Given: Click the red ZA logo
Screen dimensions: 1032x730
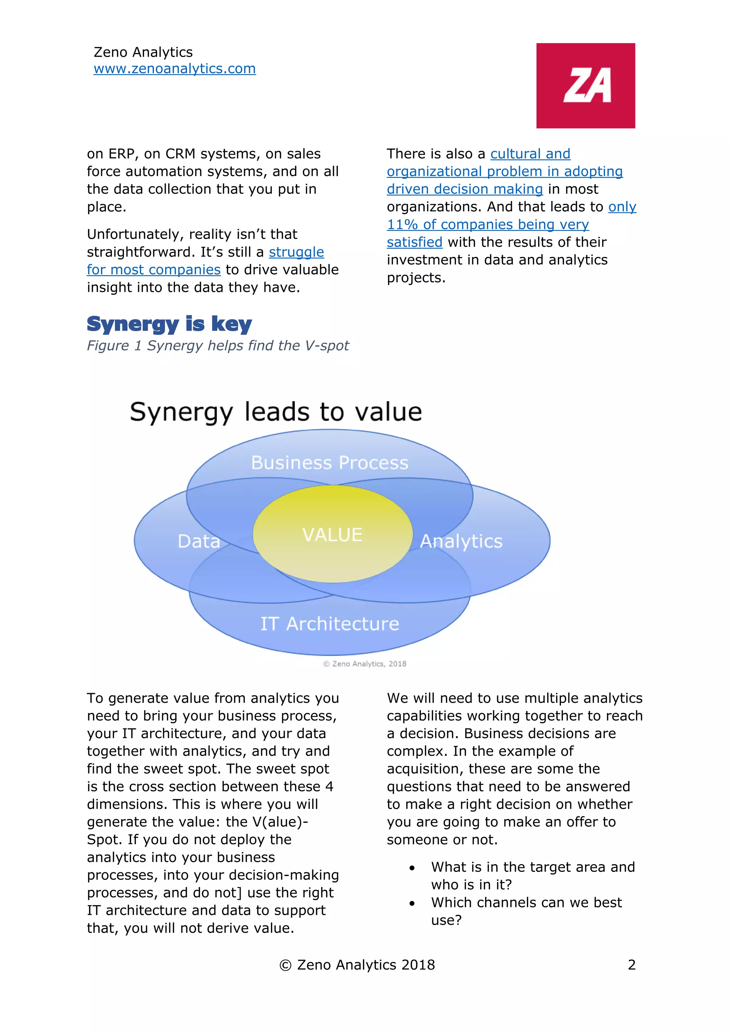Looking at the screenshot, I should (585, 86).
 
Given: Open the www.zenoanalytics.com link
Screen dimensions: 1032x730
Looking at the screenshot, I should (174, 69).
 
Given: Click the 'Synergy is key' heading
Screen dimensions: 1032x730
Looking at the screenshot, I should (169, 324).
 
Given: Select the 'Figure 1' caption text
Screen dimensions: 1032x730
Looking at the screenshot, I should (217, 346).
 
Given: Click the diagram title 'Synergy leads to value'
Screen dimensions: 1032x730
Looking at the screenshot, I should (276, 412).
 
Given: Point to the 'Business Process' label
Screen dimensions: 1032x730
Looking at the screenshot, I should (329, 463).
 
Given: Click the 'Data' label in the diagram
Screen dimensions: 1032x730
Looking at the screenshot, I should (199, 541).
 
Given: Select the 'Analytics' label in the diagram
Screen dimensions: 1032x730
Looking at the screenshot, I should (461, 541).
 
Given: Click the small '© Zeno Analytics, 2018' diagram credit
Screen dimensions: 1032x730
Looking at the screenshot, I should (365, 664).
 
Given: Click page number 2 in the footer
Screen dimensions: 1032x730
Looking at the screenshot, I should (632, 965).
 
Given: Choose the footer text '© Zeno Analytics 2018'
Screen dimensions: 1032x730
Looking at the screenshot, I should (357, 965).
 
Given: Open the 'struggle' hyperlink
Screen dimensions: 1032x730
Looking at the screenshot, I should (296, 252).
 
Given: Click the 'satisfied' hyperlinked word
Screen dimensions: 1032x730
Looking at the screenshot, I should (415, 242).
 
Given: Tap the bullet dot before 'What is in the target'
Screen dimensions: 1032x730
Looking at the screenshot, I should (412, 868).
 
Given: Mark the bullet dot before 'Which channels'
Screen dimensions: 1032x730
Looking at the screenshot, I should (412, 903).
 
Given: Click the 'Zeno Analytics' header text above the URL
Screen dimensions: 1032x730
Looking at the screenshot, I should (143, 52).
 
